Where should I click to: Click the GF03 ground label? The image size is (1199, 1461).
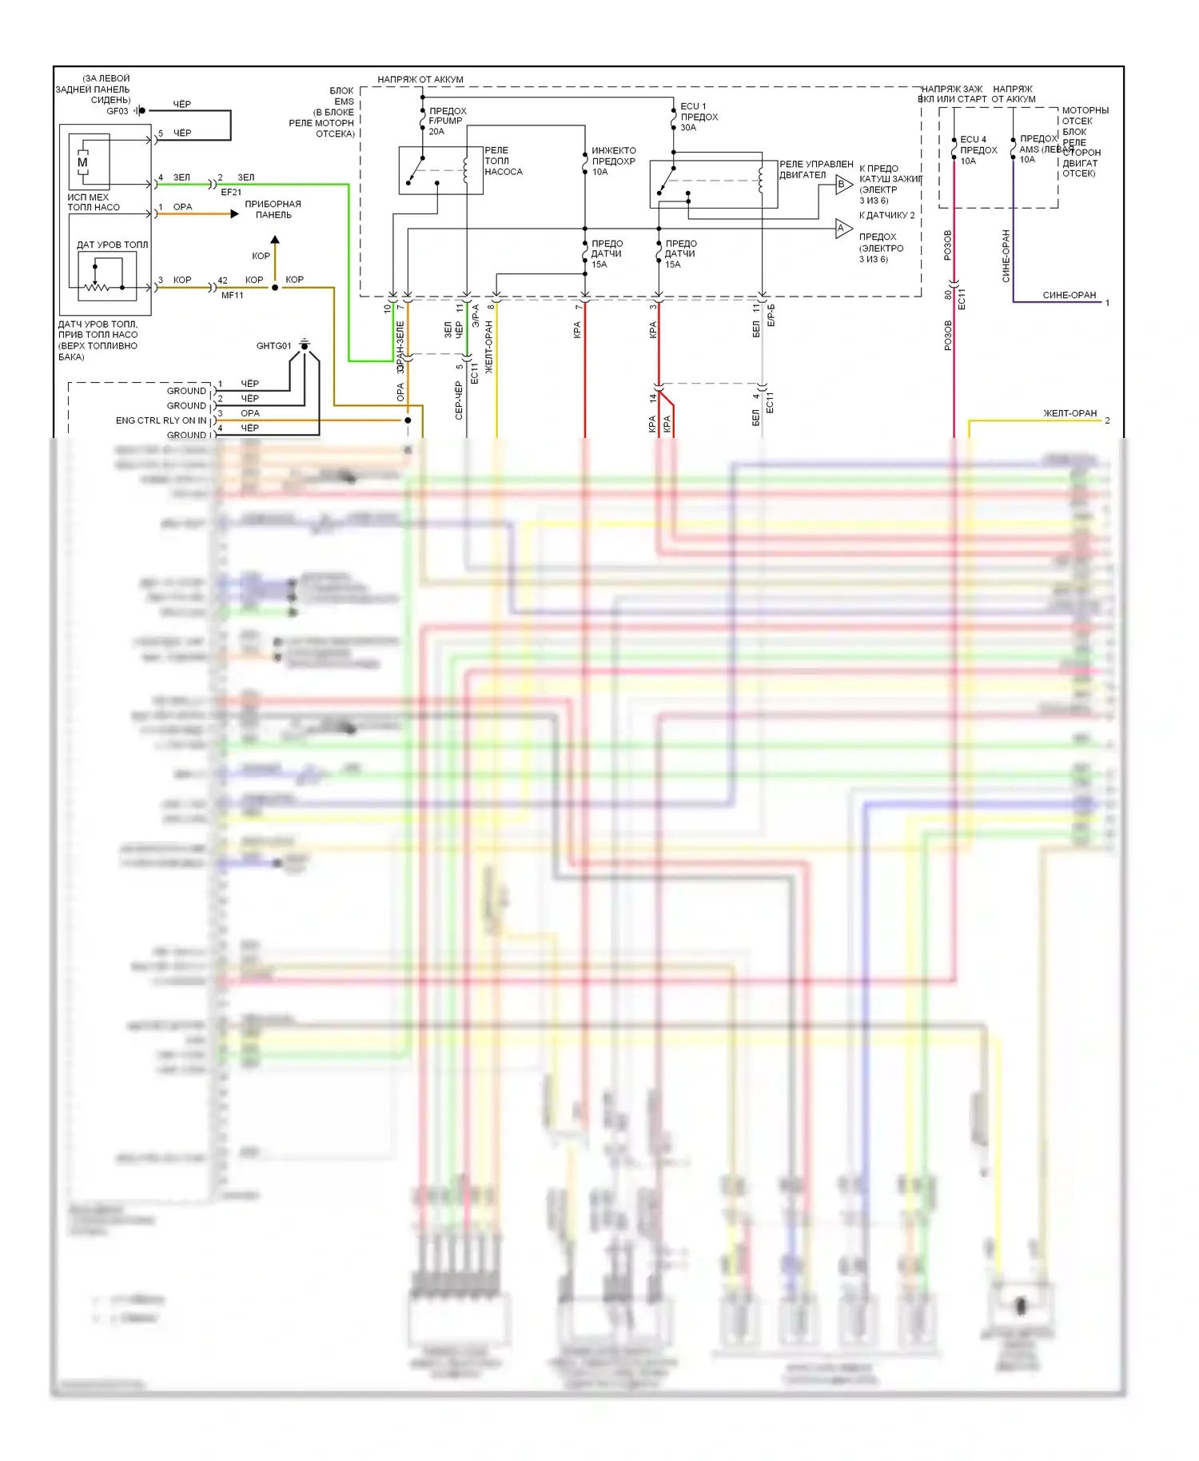(x=117, y=111)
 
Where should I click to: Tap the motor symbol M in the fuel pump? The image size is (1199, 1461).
(x=82, y=162)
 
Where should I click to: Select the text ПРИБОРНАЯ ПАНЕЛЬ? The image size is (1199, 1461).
(x=273, y=209)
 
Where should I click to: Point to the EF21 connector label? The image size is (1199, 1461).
(x=231, y=192)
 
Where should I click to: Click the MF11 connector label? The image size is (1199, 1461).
(x=233, y=295)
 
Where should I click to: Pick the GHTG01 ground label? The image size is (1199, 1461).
(x=273, y=346)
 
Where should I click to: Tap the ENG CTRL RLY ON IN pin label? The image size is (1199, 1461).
(x=161, y=420)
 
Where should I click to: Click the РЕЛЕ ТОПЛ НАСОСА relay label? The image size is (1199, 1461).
(x=503, y=161)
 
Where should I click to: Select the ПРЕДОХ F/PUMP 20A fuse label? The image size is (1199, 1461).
(x=446, y=121)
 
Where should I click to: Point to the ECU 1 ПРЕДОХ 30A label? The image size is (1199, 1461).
(x=699, y=117)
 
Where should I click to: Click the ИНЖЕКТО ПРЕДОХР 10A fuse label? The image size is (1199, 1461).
(x=613, y=161)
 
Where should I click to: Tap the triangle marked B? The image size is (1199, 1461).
(x=842, y=185)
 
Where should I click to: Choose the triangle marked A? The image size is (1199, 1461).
(x=842, y=229)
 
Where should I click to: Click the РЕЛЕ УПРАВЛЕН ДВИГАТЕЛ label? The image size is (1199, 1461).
(x=815, y=169)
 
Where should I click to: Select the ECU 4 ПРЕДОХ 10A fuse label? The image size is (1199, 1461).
(x=978, y=150)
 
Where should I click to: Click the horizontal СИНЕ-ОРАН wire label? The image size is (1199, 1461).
(x=1069, y=295)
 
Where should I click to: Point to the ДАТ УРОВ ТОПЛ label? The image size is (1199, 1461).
(x=112, y=245)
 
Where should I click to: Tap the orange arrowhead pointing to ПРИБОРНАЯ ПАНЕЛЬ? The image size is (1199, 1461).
(x=234, y=213)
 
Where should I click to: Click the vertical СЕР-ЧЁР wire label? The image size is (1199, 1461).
(x=459, y=400)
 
